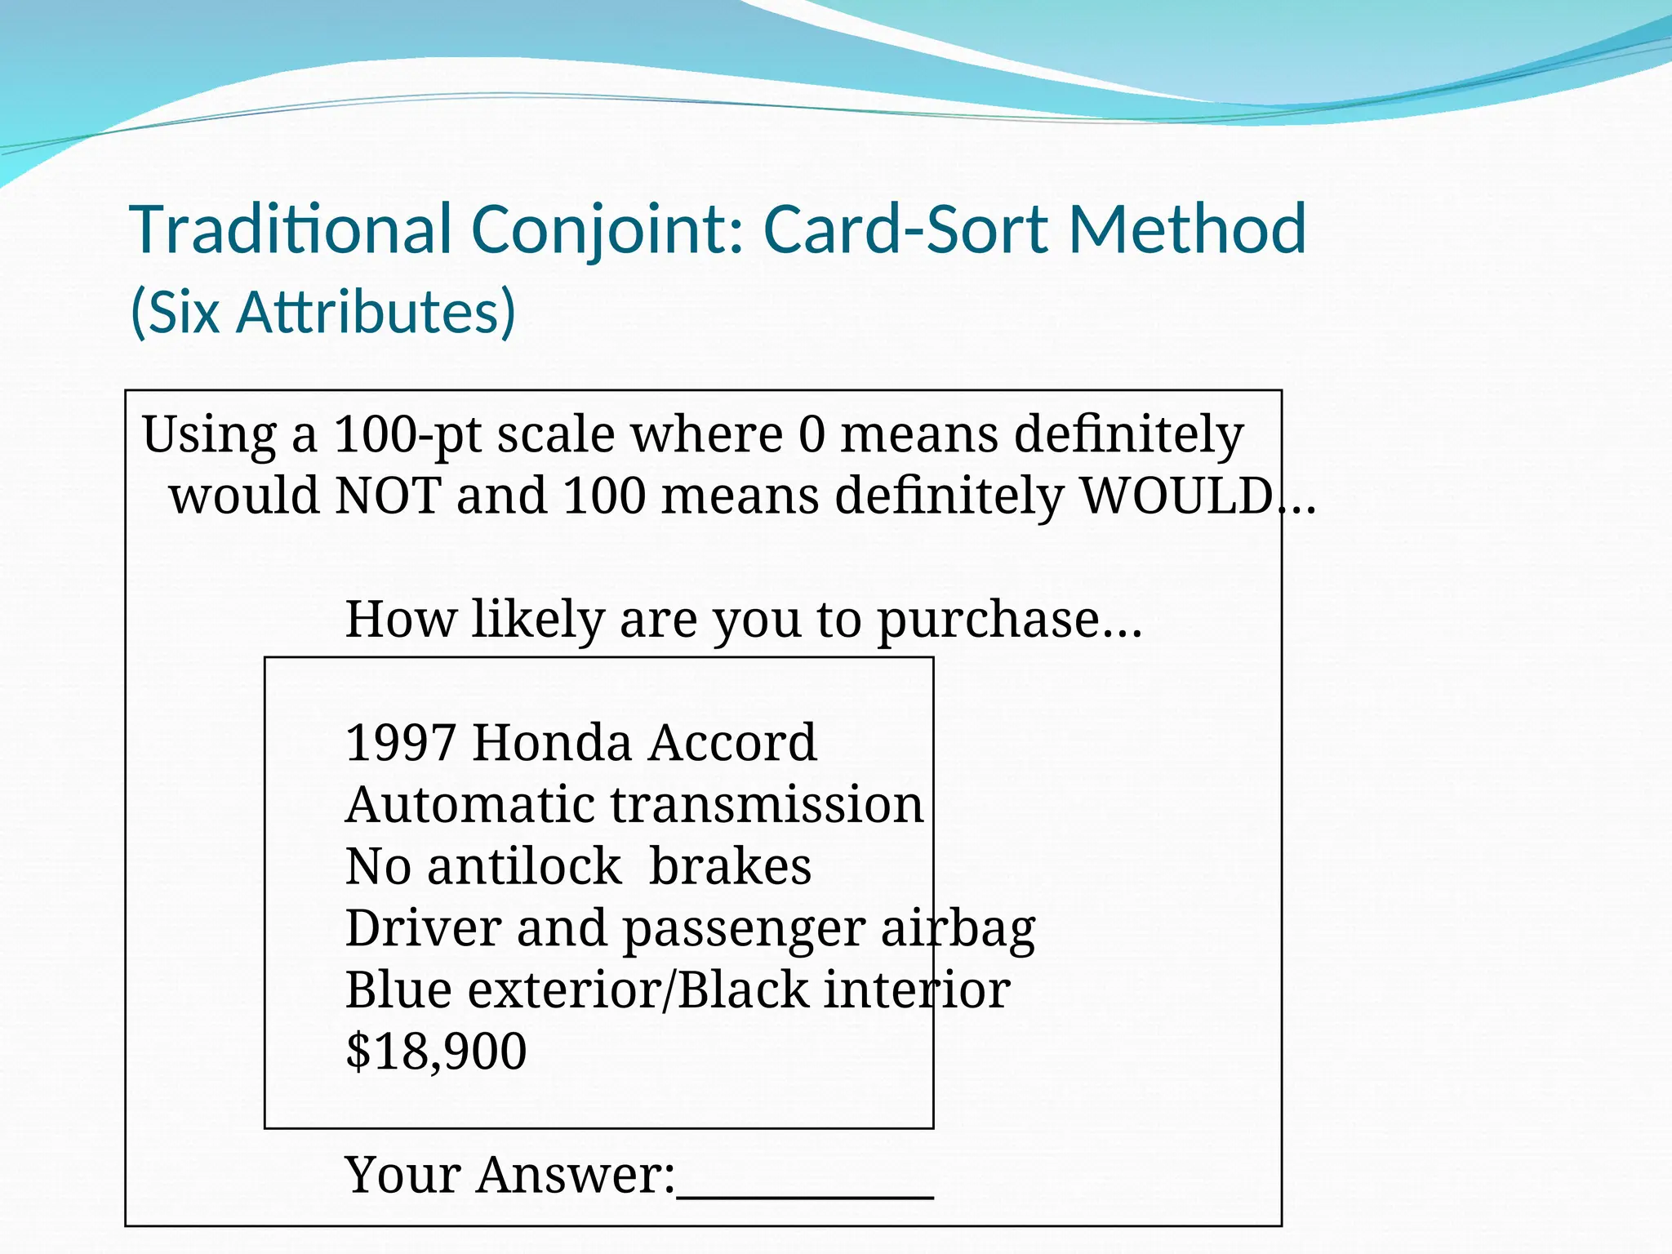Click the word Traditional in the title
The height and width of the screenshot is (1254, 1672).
(291, 229)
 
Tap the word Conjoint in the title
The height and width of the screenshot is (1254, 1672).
(607, 229)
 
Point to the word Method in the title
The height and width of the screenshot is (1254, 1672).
(1188, 229)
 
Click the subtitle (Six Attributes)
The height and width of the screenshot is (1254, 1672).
(323, 313)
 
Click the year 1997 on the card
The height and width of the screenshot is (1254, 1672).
(400, 743)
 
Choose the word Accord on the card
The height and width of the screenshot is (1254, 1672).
(733, 743)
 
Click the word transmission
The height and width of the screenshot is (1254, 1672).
(767, 805)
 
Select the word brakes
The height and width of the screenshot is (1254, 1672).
(731, 866)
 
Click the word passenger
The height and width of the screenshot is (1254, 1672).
(744, 930)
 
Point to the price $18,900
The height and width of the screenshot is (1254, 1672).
(436, 1052)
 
